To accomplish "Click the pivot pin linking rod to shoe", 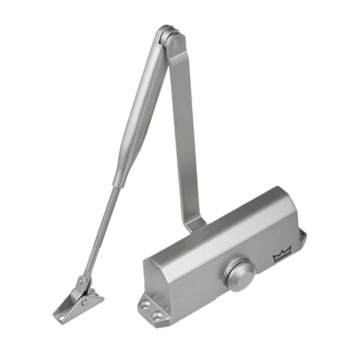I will tap(82, 276).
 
